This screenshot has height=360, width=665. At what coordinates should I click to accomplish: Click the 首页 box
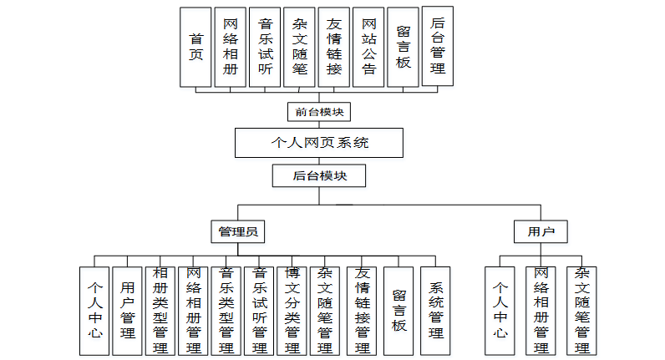pos(196,47)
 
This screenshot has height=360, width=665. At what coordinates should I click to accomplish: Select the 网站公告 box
pos(368,47)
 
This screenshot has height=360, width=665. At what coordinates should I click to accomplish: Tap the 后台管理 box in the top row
pos(438,46)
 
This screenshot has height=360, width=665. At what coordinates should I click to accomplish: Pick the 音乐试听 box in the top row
pos(265,47)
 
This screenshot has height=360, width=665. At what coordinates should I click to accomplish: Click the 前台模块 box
pos(318,111)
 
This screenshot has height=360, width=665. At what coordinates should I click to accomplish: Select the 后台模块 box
pos(319,176)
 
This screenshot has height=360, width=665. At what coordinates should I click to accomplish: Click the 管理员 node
pos(238,231)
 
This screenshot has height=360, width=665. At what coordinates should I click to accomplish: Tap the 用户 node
pos(541,231)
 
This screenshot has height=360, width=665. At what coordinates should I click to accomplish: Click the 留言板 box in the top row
pos(403,47)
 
